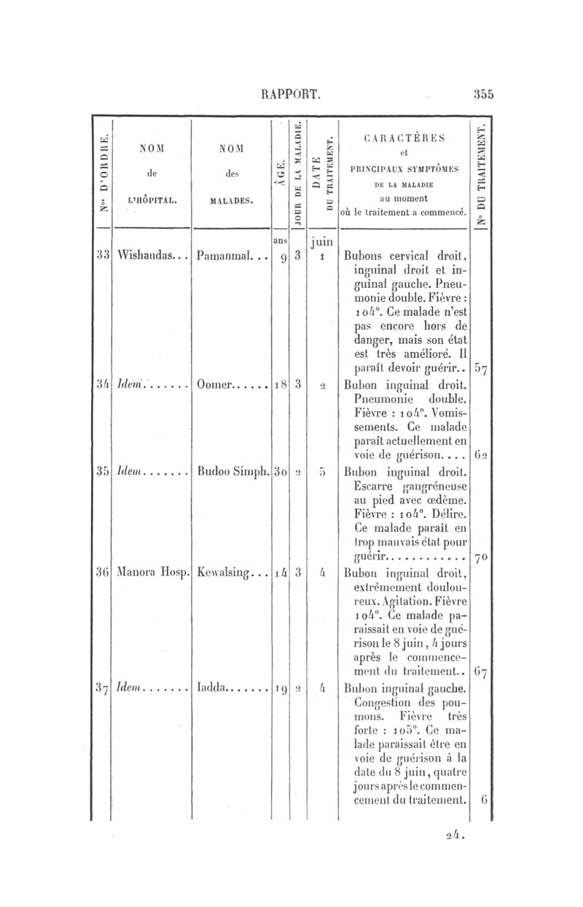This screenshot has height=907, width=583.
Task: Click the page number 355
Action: (x=483, y=93)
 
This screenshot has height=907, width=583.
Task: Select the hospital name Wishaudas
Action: (x=145, y=256)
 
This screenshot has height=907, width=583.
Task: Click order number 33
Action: (x=103, y=256)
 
